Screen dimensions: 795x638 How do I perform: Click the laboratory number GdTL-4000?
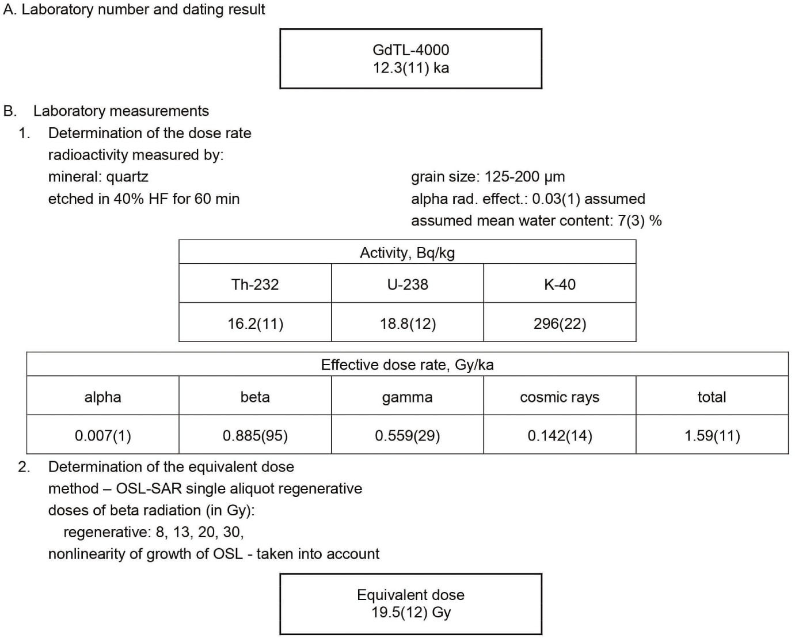pyautogui.click(x=410, y=50)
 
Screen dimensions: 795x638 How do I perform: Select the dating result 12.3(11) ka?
pyautogui.click(x=410, y=68)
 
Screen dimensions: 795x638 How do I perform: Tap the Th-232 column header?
pyautogui.click(x=255, y=284)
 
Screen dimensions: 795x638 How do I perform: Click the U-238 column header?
pyautogui.click(x=408, y=284)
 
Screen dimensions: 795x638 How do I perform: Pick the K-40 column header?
pyautogui.click(x=560, y=284)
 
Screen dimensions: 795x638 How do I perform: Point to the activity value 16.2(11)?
pyautogui.click(x=255, y=324)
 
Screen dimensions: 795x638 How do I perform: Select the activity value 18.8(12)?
pyautogui.click(x=408, y=324)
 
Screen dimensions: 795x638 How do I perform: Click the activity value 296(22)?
pyautogui.click(x=560, y=324)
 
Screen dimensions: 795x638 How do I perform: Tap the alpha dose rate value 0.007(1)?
pyautogui.click(x=102, y=436)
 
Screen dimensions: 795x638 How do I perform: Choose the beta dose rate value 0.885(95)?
pyautogui.click(x=255, y=436)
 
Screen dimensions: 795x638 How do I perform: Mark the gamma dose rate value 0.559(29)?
pyautogui.click(x=408, y=436)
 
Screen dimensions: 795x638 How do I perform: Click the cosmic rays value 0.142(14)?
pyautogui.click(x=560, y=436)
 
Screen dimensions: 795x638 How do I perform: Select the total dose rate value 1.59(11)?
pyautogui.click(x=712, y=436)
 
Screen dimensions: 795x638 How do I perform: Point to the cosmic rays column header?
pyautogui.click(x=560, y=397)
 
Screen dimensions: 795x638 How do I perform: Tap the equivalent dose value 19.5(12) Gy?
pyautogui.click(x=411, y=613)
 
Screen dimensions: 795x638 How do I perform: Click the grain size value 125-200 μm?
pyautogui.click(x=524, y=177)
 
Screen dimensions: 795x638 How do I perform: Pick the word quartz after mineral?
pyautogui.click(x=127, y=177)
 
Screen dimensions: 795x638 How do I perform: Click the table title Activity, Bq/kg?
pyautogui.click(x=408, y=253)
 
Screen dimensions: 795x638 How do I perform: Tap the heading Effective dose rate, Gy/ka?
pyautogui.click(x=407, y=365)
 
